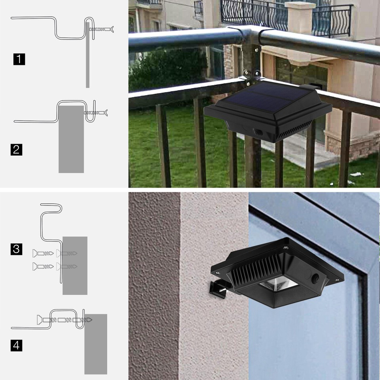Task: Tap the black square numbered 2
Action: (17, 150)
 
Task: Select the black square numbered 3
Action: (17, 249)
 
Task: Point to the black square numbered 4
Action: (17, 345)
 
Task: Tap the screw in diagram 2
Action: (96, 113)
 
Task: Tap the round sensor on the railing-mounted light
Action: (257, 132)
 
